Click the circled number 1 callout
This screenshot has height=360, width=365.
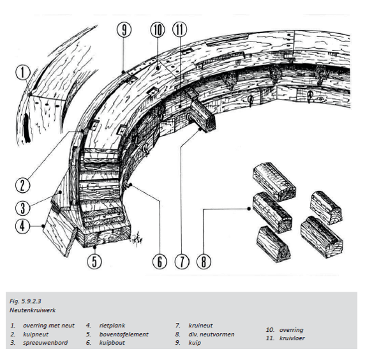23,72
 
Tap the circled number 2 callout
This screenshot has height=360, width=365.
22,186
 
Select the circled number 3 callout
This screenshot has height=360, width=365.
22,208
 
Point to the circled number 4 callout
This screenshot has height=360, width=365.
22,226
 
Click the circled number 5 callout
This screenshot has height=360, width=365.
94,261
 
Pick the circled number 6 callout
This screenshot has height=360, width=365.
160,262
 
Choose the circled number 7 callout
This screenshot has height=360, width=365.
182,262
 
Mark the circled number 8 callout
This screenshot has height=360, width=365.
204,262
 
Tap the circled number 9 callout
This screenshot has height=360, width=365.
124,29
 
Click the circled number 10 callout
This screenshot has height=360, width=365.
158,29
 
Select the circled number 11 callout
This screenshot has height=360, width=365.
180,29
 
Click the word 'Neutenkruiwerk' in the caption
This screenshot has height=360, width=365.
33,310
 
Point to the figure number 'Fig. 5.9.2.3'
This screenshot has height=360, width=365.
25,301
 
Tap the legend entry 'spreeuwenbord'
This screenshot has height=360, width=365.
45,343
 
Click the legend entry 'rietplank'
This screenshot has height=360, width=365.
112,326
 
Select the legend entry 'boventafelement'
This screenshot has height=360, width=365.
124,334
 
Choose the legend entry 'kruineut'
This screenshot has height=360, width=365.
200,326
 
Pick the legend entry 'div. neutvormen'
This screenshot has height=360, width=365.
211,334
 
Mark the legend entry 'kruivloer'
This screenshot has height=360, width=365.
292,338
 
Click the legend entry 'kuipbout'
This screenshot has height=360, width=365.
112,343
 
